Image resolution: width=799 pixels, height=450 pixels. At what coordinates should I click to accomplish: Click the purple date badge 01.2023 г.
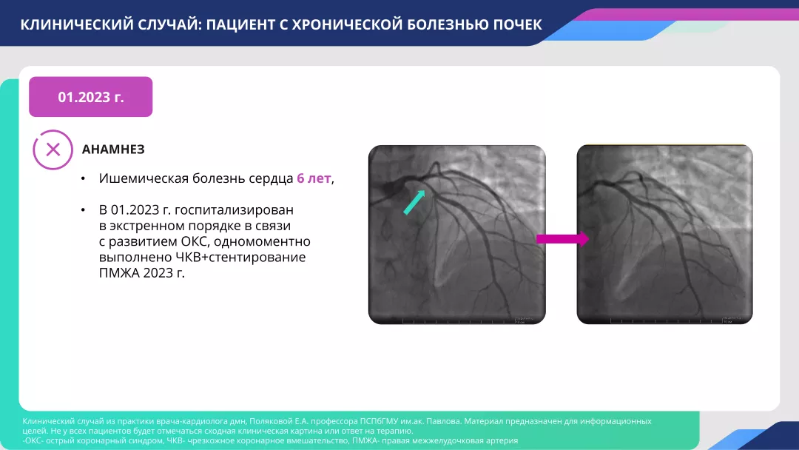[x=90, y=97]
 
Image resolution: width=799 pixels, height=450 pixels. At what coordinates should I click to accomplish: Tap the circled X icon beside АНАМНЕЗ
[x=53, y=150]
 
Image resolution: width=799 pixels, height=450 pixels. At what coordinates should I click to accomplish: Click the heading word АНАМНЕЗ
[x=113, y=150]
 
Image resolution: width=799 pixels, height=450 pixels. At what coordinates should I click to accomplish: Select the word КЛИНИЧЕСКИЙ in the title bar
[x=69, y=24]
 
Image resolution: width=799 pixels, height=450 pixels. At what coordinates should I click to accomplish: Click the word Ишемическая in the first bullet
[x=140, y=178]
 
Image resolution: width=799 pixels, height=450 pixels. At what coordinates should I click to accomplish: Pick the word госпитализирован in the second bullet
[x=235, y=210]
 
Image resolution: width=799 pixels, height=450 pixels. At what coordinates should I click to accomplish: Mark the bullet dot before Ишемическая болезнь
[x=84, y=179]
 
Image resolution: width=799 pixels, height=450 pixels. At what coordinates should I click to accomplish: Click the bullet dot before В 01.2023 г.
[x=84, y=211]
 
